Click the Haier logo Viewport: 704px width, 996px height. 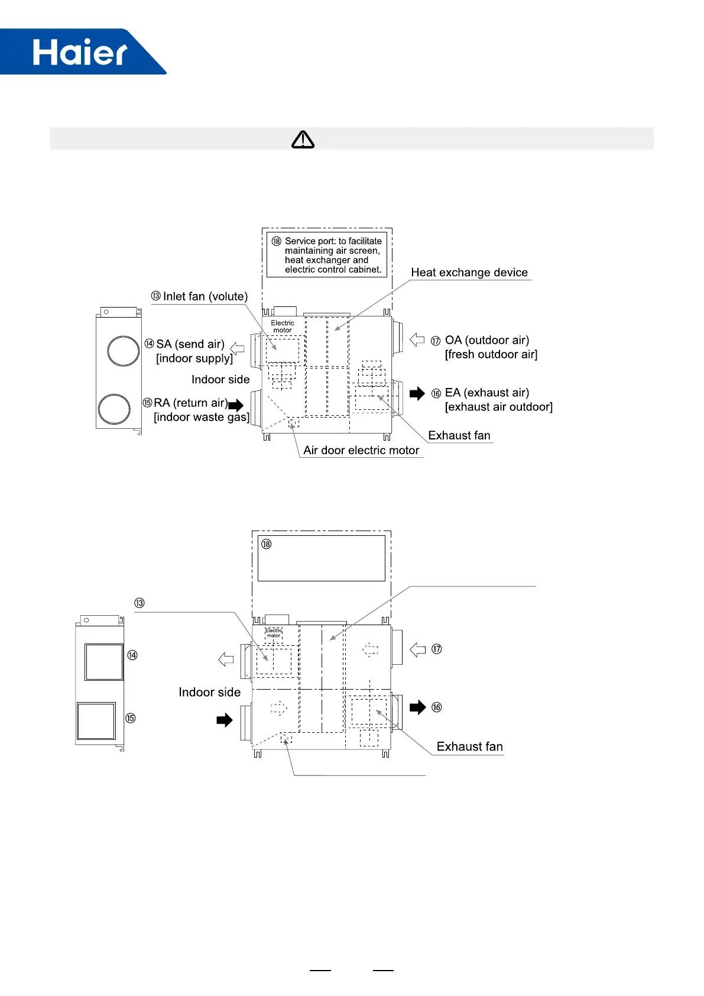(x=80, y=52)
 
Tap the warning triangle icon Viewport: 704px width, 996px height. (x=303, y=139)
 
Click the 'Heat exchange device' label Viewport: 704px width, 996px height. (x=469, y=273)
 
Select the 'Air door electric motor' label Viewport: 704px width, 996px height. (x=361, y=451)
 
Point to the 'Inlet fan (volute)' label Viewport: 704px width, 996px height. (x=205, y=296)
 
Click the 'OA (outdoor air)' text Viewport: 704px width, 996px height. (x=486, y=340)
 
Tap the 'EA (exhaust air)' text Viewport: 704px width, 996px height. (x=486, y=393)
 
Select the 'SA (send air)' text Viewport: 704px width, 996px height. (x=190, y=344)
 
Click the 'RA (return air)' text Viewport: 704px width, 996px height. (x=190, y=403)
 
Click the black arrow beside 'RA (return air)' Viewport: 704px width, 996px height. (x=236, y=405)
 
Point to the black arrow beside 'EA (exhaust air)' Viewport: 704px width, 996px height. (x=417, y=393)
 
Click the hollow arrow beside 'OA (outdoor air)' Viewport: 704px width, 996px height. (x=417, y=340)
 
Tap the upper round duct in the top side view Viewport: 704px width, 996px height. (x=123, y=351)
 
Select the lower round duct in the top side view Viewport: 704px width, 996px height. (x=114, y=409)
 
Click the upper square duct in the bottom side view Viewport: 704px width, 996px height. (x=104, y=662)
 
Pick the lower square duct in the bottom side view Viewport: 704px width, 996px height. (x=96, y=720)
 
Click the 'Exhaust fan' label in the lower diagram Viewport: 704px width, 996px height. (x=469, y=747)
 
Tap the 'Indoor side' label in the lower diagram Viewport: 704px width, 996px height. (x=209, y=693)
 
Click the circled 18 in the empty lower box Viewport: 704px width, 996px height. (x=267, y=544)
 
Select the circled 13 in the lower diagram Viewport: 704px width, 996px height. (x=139, y=603)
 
